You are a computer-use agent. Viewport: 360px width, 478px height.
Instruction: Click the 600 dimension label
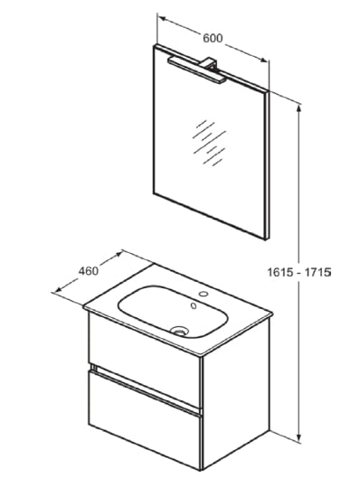pos(213,38)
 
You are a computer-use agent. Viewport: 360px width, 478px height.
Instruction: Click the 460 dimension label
pos(88,269)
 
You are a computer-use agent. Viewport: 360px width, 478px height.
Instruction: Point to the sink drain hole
pos(180,329)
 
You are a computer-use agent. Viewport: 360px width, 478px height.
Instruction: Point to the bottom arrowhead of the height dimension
pos(298,436)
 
